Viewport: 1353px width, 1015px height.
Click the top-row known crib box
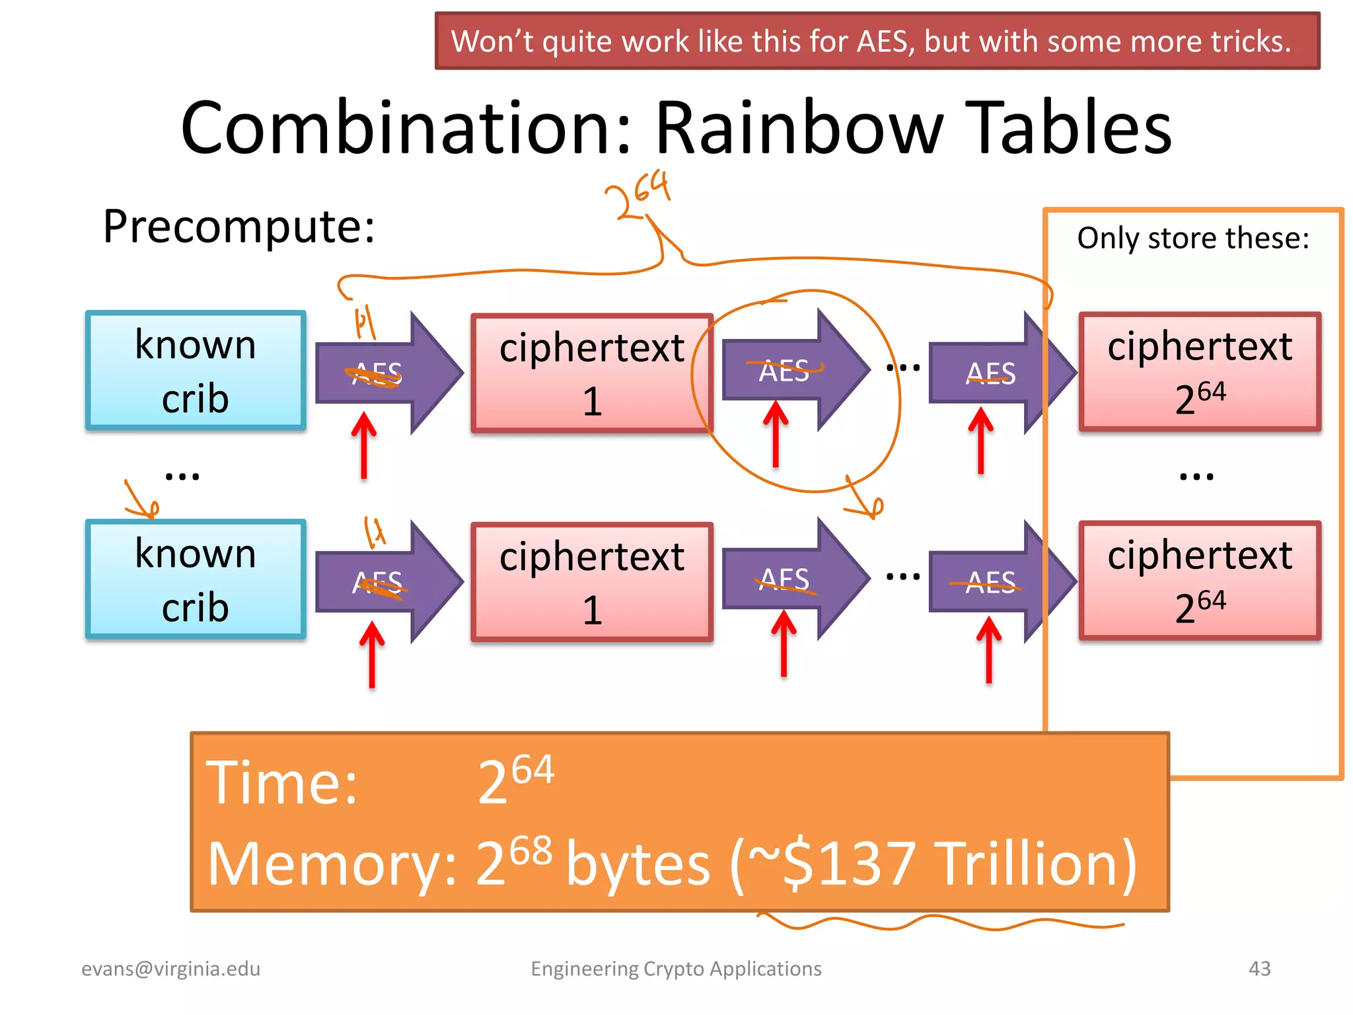tap(196, 371)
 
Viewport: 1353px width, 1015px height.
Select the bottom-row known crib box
tap(196, 580)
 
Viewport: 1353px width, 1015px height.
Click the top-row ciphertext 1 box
tap(592, 373)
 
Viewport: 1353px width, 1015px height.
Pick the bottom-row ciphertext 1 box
tap(592, 582)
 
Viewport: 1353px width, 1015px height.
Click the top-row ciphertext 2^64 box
tap(1200, 372)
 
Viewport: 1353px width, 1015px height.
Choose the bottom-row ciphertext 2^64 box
tap(1200, 581)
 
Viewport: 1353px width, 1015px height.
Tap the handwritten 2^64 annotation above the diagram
tap(638, 195)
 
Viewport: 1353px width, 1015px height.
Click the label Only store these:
tap(1193, 238)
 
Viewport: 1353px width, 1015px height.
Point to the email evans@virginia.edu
tap(170, 969)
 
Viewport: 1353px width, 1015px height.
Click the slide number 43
tap(1259, 969)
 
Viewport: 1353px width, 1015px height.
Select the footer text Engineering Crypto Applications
tap(676, 969)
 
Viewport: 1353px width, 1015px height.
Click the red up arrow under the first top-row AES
tap(364, 445)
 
